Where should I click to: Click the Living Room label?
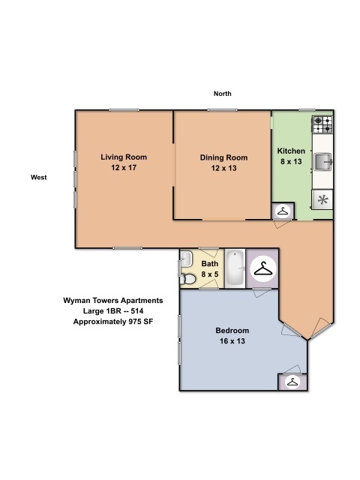pyautogui.click(x=124, y=157)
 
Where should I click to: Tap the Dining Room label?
pyautogui.click(x=223, y=157)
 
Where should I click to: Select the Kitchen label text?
pyautogui.click(x=291, y=151)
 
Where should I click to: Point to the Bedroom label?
pyautogui.click(x=232, y=331)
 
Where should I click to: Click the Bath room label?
pyautogui.click(x=210, y=263)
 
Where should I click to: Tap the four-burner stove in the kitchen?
pyautogui.click(x=322, y=124)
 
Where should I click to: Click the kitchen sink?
pyautogui.click(x=323, y=162)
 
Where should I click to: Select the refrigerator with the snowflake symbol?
pyautogui.click(x=322, y=199)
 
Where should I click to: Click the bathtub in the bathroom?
pyautogui.click(x=235, y=268)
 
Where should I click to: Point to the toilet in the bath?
pyautogui.click(x=187, y=279)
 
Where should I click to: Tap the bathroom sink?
pyautogui.click(x=186, y=259)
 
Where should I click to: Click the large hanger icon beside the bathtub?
pyautogui.click(x=263, y=268)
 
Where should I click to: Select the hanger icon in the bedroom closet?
pyautogui.click(x=292, y=382)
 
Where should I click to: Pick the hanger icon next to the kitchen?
pyautogui.click(x=283, y=211)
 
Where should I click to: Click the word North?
pyautogui.click(x=223, y=94)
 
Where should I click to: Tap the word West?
pyautogui.click(x=38, y=178)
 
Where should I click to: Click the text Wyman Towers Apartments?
pyautogui.click(x=113, y=301)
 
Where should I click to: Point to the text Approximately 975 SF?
pyautogui.click(x=113, y=322)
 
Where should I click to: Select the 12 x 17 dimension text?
pyautogui.click(x=124, y=168)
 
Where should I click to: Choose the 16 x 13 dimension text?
pyautogui.click(x=232, y=341)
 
